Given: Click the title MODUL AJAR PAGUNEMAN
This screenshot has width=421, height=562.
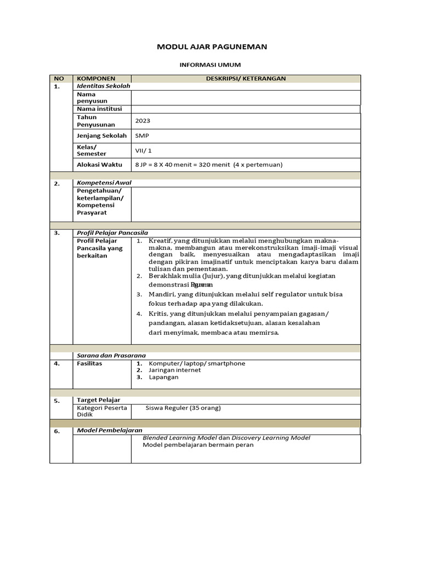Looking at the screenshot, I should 212,47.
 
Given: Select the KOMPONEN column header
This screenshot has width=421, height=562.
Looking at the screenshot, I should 96,78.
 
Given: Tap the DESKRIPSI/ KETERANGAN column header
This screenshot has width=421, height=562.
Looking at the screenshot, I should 246,78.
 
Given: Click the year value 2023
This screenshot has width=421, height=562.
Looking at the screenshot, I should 143,121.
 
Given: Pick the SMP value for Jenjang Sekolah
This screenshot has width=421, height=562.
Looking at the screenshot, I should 142,136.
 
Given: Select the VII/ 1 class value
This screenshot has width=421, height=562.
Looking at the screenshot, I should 143,150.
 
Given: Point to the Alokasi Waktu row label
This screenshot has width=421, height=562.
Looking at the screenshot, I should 99,165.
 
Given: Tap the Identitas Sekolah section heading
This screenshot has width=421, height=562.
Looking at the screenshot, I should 103,86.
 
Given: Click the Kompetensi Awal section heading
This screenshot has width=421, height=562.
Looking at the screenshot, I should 104,183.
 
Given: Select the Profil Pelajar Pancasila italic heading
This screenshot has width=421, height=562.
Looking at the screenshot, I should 112,233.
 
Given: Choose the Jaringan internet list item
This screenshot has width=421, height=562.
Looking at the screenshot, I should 174,370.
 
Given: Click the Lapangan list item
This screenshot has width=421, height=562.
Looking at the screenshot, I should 163,377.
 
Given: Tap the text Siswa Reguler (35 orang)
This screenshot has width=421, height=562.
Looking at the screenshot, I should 183,408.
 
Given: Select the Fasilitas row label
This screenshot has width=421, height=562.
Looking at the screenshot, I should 89,363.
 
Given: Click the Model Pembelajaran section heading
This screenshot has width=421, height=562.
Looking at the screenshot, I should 109,430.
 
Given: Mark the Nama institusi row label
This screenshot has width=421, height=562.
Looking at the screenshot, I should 99,109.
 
